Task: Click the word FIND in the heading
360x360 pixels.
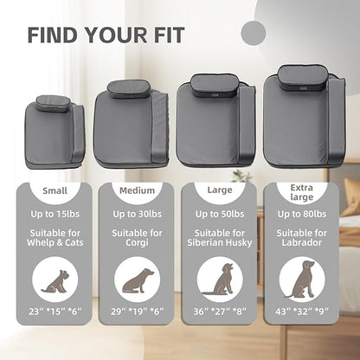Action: click(53, 35)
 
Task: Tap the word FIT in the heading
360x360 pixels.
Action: click(168, 35)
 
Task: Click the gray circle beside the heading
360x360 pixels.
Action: click(253, 33)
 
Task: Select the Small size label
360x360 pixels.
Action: click(55, 190)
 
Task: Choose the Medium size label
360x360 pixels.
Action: click(137, 190)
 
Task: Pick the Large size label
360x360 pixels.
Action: click(220, 190)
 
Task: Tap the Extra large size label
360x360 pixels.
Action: click(302, 192)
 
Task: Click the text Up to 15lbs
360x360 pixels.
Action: click(55, 214)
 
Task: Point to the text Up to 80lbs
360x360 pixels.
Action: click(302, 214)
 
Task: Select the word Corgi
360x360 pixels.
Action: click(137, 242)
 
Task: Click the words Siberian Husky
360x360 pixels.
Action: click(220, 242)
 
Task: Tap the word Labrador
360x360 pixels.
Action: click(302, 242)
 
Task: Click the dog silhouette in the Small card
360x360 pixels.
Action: click(55, 281)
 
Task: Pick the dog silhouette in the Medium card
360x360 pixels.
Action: click(138, 280)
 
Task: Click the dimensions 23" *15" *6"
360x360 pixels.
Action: click(55, 312)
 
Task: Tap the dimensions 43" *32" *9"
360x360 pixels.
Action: click(302, 312)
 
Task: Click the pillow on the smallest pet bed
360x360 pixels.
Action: click(53, 104)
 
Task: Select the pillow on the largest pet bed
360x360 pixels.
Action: click(303, 74)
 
